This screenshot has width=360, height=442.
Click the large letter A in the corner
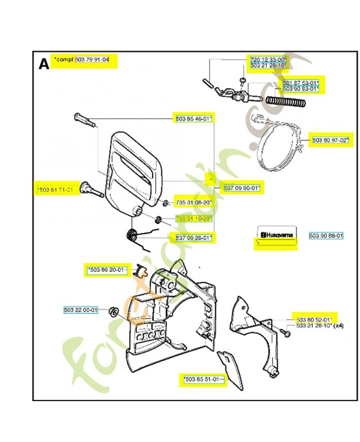tap(44, 64)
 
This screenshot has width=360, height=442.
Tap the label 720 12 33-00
tap(268, 59)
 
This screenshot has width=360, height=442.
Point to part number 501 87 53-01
tap(300, 82)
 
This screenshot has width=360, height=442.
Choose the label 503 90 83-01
tap(300, 88)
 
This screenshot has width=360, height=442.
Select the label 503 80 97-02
tap(331, 140)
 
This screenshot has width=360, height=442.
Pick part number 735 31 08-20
tap(194, 202)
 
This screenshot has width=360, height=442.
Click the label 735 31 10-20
tap(194, 219)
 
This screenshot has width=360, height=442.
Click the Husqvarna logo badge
tap(276, 233)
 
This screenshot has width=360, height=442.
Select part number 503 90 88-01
tap(326, 235)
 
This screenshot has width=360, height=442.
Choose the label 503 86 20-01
tap(107, 270)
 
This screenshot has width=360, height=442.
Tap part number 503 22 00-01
tap(81, 310)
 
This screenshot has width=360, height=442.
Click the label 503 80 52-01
tap(313, 319)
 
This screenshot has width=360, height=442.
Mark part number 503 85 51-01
tap(203, 379)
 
